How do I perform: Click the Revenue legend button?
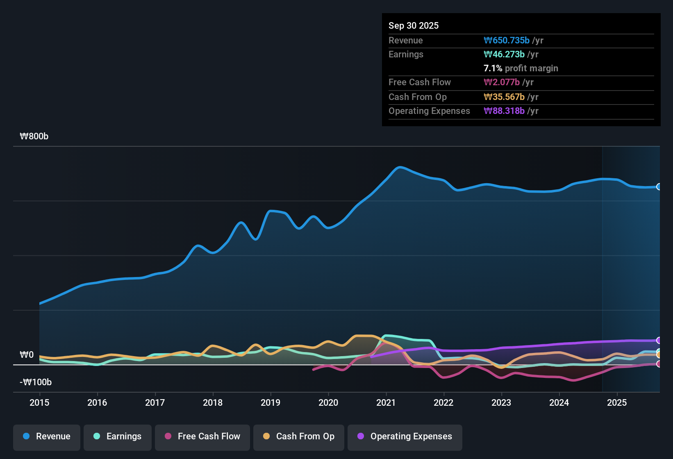point(47,436)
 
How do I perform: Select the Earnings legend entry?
point(118,436)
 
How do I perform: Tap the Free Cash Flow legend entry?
point(202,436)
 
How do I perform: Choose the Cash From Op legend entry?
point(299,436)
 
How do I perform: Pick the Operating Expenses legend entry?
point(405,436)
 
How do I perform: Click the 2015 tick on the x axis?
point(39,402)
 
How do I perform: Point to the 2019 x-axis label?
point(271,402)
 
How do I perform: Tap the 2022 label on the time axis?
point(443,402)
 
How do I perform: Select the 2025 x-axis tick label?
point(617,402)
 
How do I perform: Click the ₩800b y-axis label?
point(34,136)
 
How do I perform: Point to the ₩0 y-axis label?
point(27,355)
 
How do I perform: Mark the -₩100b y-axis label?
point(36,382)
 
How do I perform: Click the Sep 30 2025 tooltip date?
point(414,25)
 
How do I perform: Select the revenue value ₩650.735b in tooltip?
point(507,40)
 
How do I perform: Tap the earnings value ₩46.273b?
point(504,54)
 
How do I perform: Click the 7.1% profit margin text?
point(521,68)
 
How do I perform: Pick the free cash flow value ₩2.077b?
point(502,82)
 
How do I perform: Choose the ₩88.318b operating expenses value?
point(504,111)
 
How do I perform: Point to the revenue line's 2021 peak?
point(400,167)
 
